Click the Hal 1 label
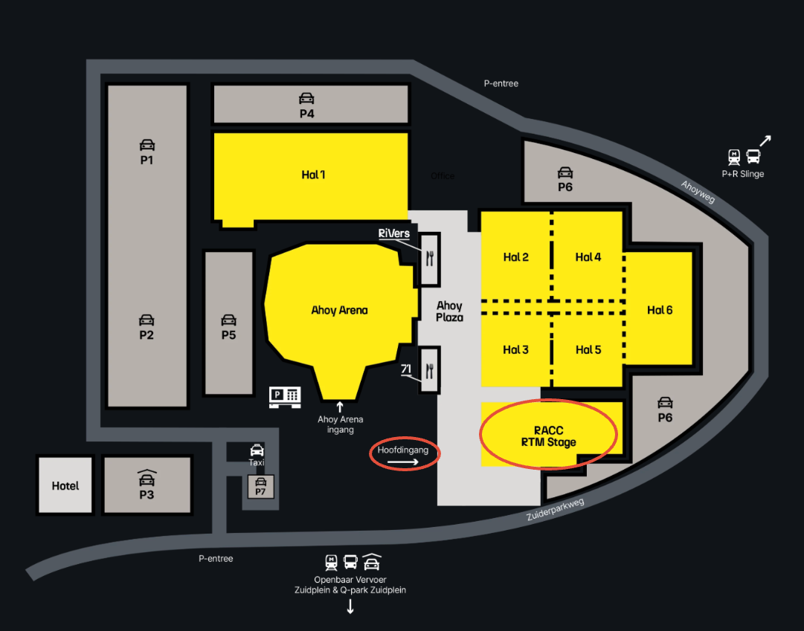313,175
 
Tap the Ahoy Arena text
339,310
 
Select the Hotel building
65,485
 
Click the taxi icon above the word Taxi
256,450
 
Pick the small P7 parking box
260,487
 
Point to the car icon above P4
306,98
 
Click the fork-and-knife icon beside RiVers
430,258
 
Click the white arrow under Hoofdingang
404,462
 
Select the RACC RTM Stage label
549,436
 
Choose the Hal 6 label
660,310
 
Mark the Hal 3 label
515,349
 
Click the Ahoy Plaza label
449,311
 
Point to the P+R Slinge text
742,174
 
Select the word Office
443,176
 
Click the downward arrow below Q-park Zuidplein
350,606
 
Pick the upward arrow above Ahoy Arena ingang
340,406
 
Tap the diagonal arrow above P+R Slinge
765,140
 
